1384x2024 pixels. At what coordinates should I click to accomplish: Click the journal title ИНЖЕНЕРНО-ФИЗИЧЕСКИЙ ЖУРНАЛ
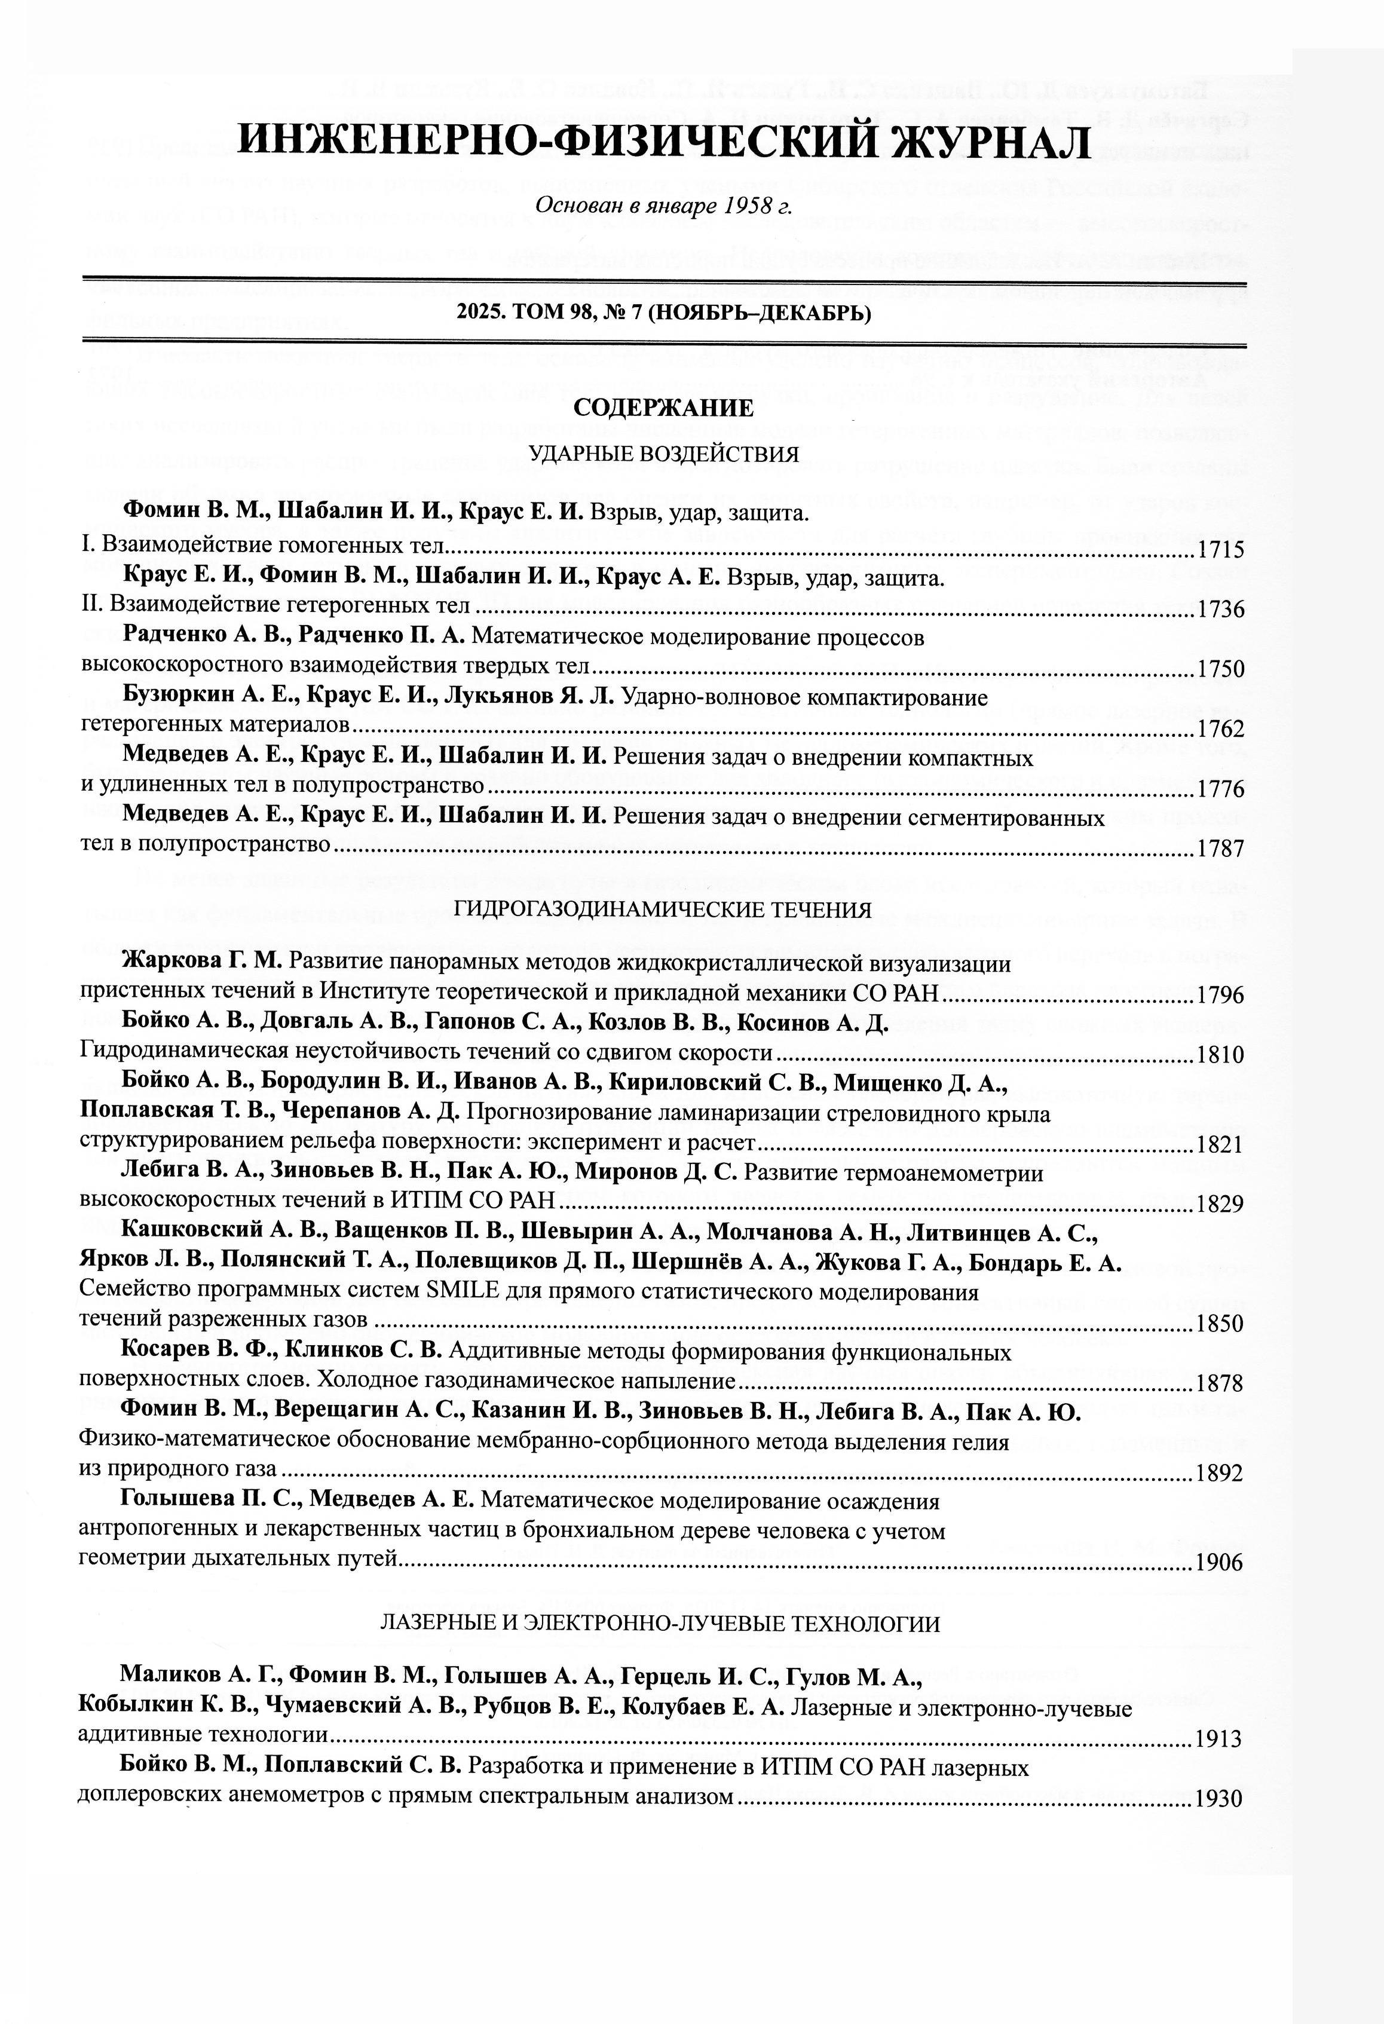tap(664, 141)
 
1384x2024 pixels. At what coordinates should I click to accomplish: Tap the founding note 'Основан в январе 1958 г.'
tap(664, 206)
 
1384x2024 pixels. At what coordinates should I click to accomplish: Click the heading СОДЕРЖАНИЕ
tap(664, 408)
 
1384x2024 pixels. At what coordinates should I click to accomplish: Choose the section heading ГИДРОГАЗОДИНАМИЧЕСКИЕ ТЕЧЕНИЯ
tap(664, 910)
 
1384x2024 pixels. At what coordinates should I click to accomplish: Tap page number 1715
tap(1221, 550)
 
